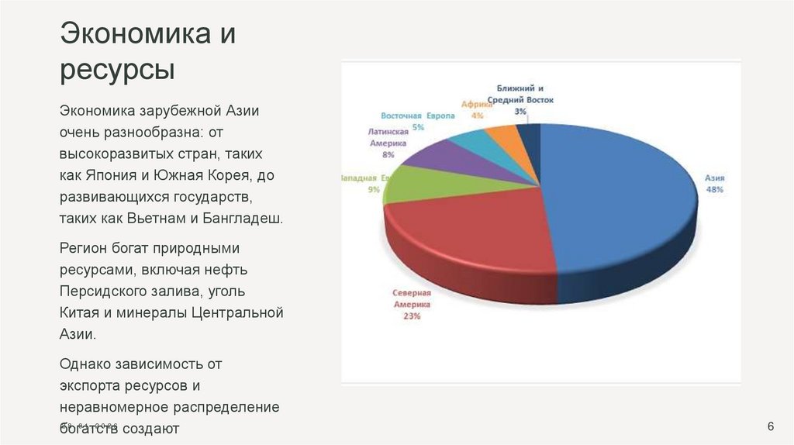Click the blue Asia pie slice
click(613, 202)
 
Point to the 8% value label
click(387, 154)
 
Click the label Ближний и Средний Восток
click(520, 94)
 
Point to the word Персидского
click(104, 291)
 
